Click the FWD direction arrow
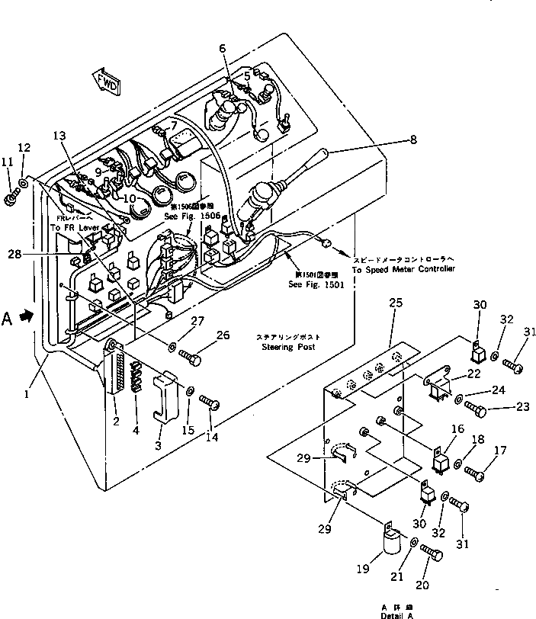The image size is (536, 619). click(106, 80)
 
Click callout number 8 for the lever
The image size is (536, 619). click(435, 140)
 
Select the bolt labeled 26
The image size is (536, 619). click(191, 356)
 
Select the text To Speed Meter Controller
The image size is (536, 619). click(403, 270)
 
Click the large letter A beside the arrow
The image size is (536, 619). click(8, 317)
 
